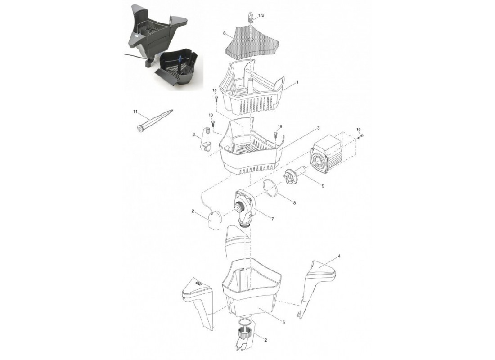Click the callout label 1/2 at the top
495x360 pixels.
coord(261,15)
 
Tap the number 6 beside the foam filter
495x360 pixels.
coord(224,33)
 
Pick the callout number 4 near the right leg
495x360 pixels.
coord(339,256)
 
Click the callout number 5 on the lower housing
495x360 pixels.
coord(283,322)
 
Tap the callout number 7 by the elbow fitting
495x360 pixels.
coord(272,219)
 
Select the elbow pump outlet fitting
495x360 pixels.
coord(246,209)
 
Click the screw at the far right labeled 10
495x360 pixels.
coord(361,135)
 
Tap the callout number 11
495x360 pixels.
coord(136,112)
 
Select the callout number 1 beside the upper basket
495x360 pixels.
coord(297,82)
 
